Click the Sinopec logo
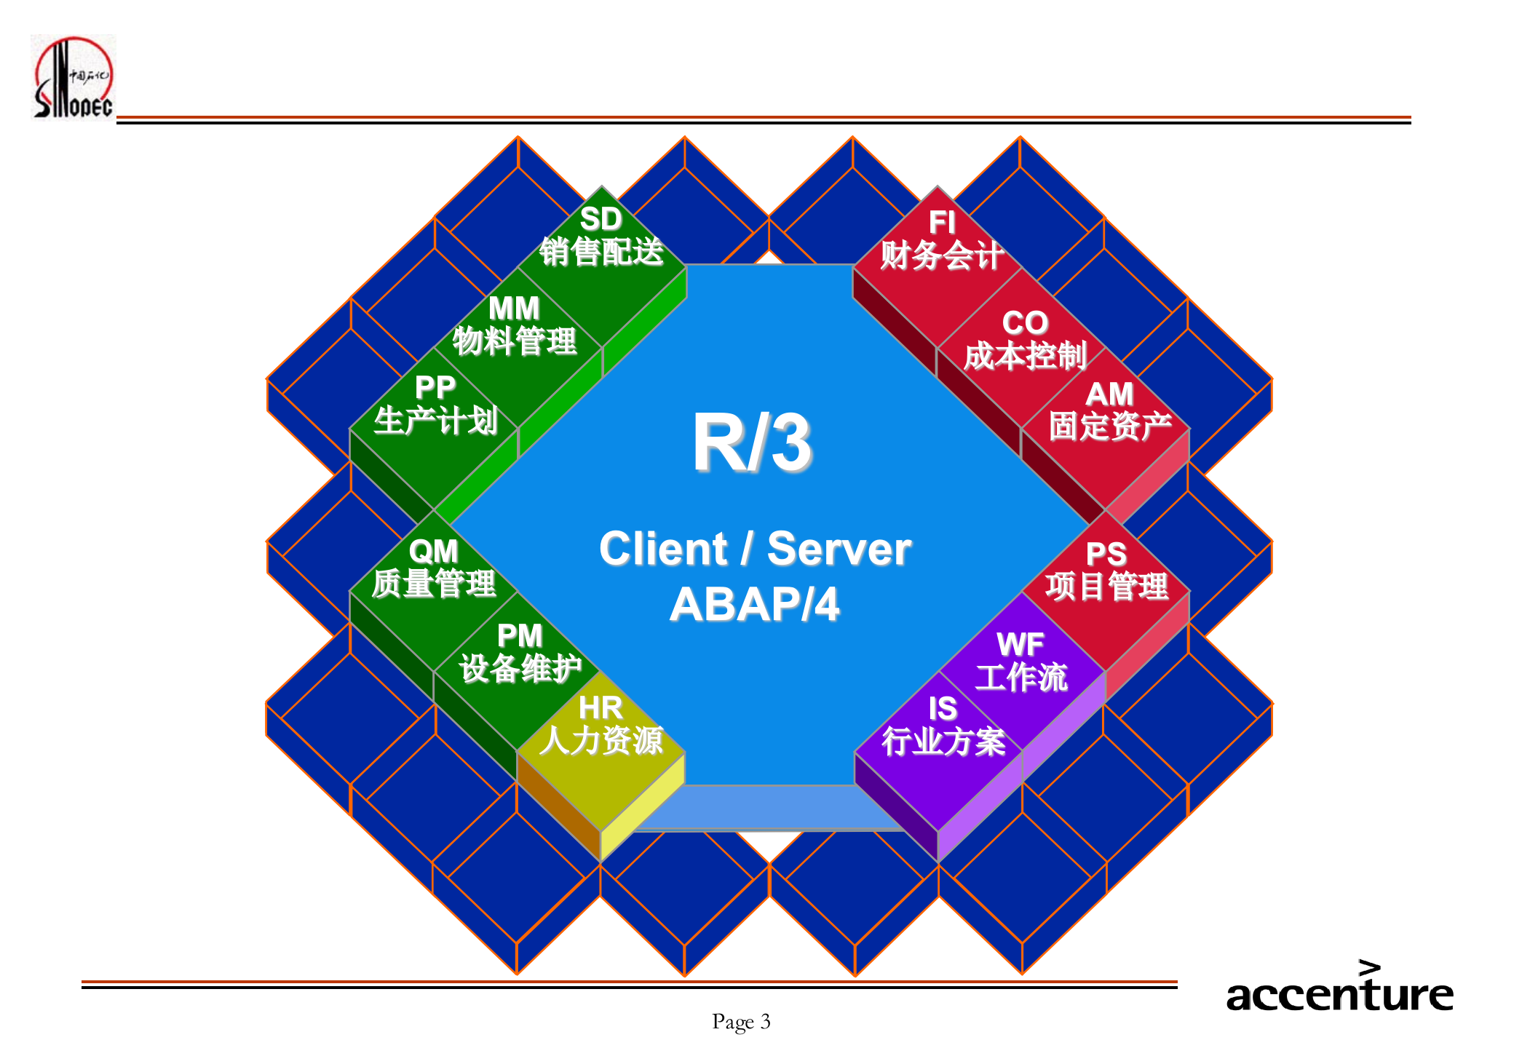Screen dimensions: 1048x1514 (x=73, y=76)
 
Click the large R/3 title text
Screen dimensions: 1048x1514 (x=752, y=442)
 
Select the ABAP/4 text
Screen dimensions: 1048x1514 (x=754, y=605)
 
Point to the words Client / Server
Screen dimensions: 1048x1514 (x=755, y=549)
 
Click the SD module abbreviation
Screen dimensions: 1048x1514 (x=601, y=219)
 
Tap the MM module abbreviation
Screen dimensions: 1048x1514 (x=514, y=309)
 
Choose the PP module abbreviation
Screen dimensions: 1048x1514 (x=435, y=387)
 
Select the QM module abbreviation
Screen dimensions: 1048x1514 (x=433, y=551)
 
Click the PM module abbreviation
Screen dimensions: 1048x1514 (x=520, y=636)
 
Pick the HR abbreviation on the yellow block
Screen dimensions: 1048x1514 (x=601, y=707)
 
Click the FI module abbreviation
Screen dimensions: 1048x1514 (x=942, y=223)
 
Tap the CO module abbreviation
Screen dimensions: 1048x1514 (x=1025, y=322)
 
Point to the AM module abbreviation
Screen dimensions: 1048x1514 (x=1109, y=394)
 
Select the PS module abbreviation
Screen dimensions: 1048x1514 (x=1106, y=555)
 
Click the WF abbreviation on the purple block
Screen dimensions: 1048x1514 (x=1020, y=644)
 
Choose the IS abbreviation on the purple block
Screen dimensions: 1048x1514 (x=943, y=708)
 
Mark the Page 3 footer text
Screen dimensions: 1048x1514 (x=741, y=1022)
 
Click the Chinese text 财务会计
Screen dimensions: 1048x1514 (x=942, y=255)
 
